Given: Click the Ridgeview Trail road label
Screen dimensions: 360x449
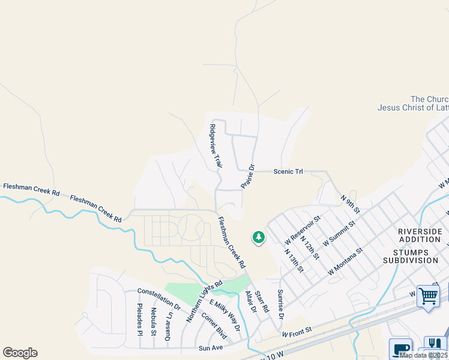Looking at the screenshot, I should coord(215,146).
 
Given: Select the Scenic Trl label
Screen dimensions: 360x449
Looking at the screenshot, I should coord(288,172).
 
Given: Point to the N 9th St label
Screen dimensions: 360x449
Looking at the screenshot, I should coord(350,203).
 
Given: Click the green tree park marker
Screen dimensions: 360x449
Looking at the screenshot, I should coord(259,238).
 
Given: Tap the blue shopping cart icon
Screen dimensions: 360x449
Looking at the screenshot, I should coord(428,296).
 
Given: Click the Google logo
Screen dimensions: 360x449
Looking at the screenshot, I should coord(20,353).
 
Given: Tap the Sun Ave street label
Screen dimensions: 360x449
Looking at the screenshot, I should coord(211,347).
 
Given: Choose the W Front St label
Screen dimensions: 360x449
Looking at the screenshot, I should coord(298,331).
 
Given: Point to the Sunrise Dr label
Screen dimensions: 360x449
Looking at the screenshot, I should coord(280,304).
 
